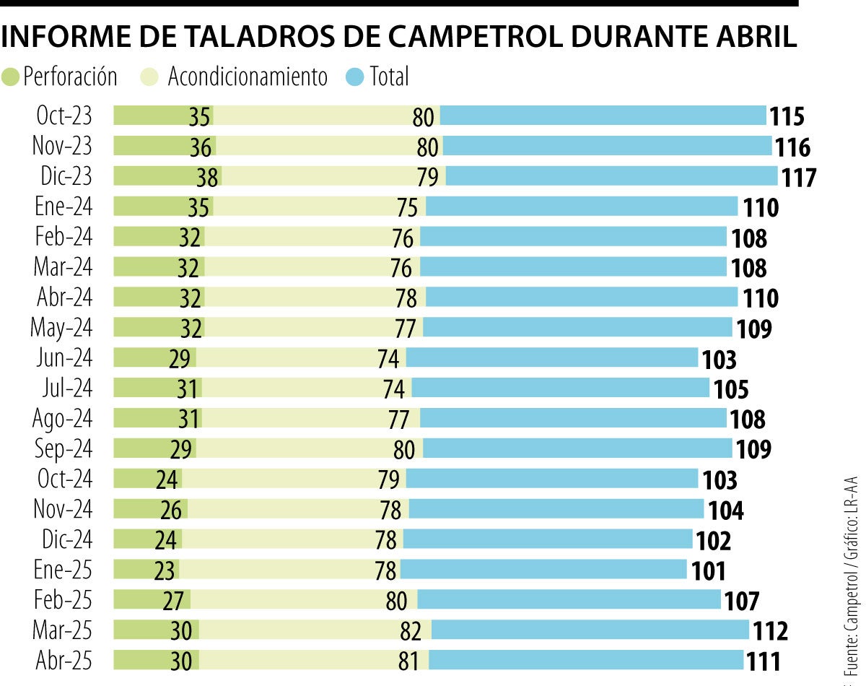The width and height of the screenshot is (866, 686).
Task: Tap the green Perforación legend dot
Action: point(11,77)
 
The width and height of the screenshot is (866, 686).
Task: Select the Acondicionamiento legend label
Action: point(248,77)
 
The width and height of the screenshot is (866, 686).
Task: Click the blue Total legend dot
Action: point(354,77)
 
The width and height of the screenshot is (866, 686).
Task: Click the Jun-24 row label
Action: point(64,357)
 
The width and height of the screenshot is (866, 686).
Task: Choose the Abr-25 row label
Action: point(63,660)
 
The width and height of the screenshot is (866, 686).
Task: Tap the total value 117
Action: point(798,178)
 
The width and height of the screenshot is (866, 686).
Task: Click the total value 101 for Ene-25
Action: point(709,570)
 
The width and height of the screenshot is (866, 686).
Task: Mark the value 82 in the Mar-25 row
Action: point(411,631)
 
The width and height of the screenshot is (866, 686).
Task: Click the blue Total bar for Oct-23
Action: point(603,116)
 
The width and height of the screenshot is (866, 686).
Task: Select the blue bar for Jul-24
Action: point(560,388)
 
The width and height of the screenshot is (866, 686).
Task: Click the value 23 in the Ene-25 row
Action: point(164,570)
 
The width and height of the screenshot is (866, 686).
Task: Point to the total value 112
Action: point(770,631)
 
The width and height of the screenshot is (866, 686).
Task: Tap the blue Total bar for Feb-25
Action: point(569,599)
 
